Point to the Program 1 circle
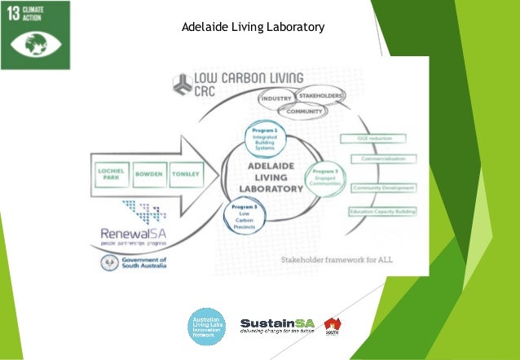click(x=264, y=138)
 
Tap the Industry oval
click(x=275, y=99)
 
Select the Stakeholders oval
click(x=318, y=96)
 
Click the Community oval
click(x=293, y=111)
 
